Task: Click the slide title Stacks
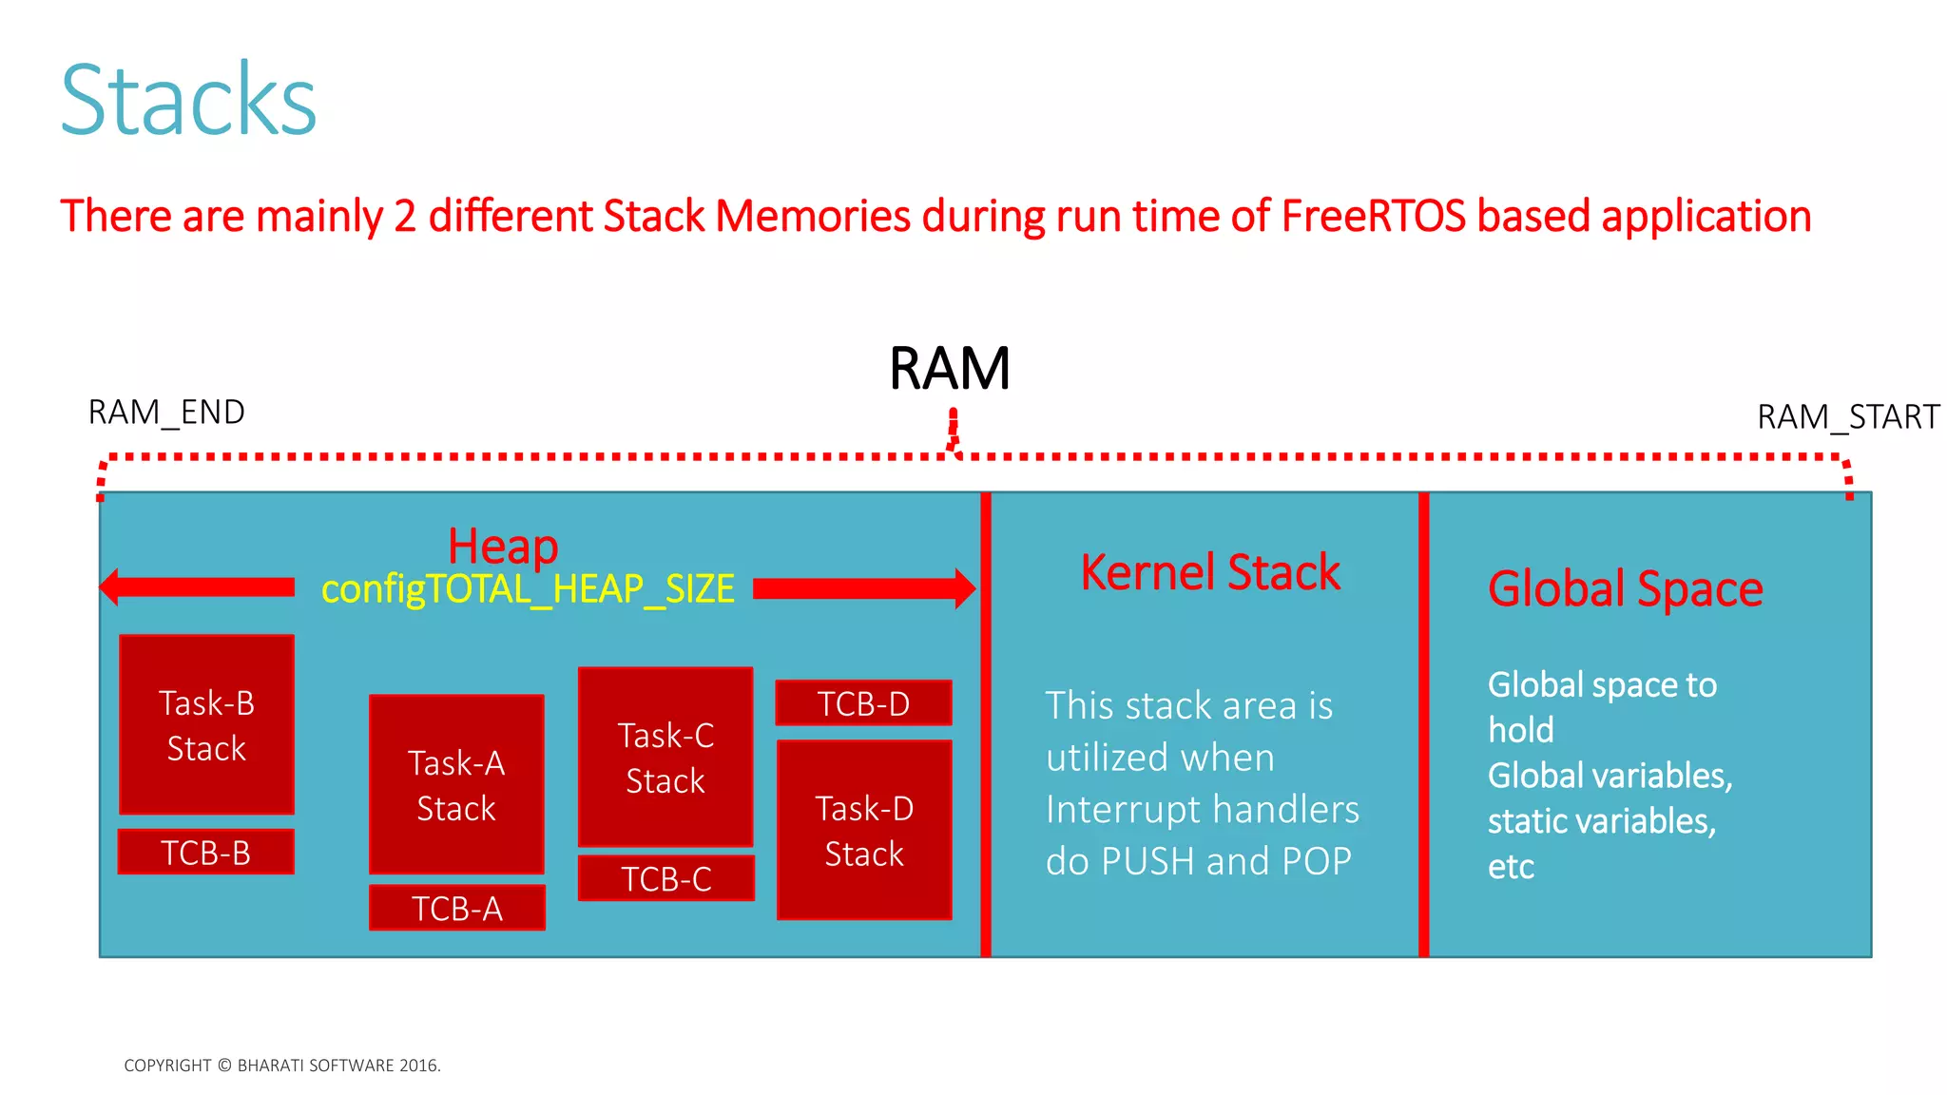click(188, 101)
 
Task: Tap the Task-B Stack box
click(206, 724)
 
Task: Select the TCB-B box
click(206, 852)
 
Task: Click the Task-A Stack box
click(456, 784)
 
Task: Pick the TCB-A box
click(457, 908)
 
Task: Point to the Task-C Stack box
click(665, 757)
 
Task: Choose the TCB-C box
click(666, 878)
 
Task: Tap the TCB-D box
click(863, 703)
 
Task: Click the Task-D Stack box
click(864, 830)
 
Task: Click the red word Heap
click(503, 547)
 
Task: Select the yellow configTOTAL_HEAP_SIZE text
click(528, 589)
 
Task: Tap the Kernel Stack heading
click(1209, 572)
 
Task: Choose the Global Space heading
click(1625, 588)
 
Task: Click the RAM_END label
click(166, 413)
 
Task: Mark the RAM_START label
click(1847, 417)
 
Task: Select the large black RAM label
click(949, 369)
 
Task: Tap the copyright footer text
click(282, 1066)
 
